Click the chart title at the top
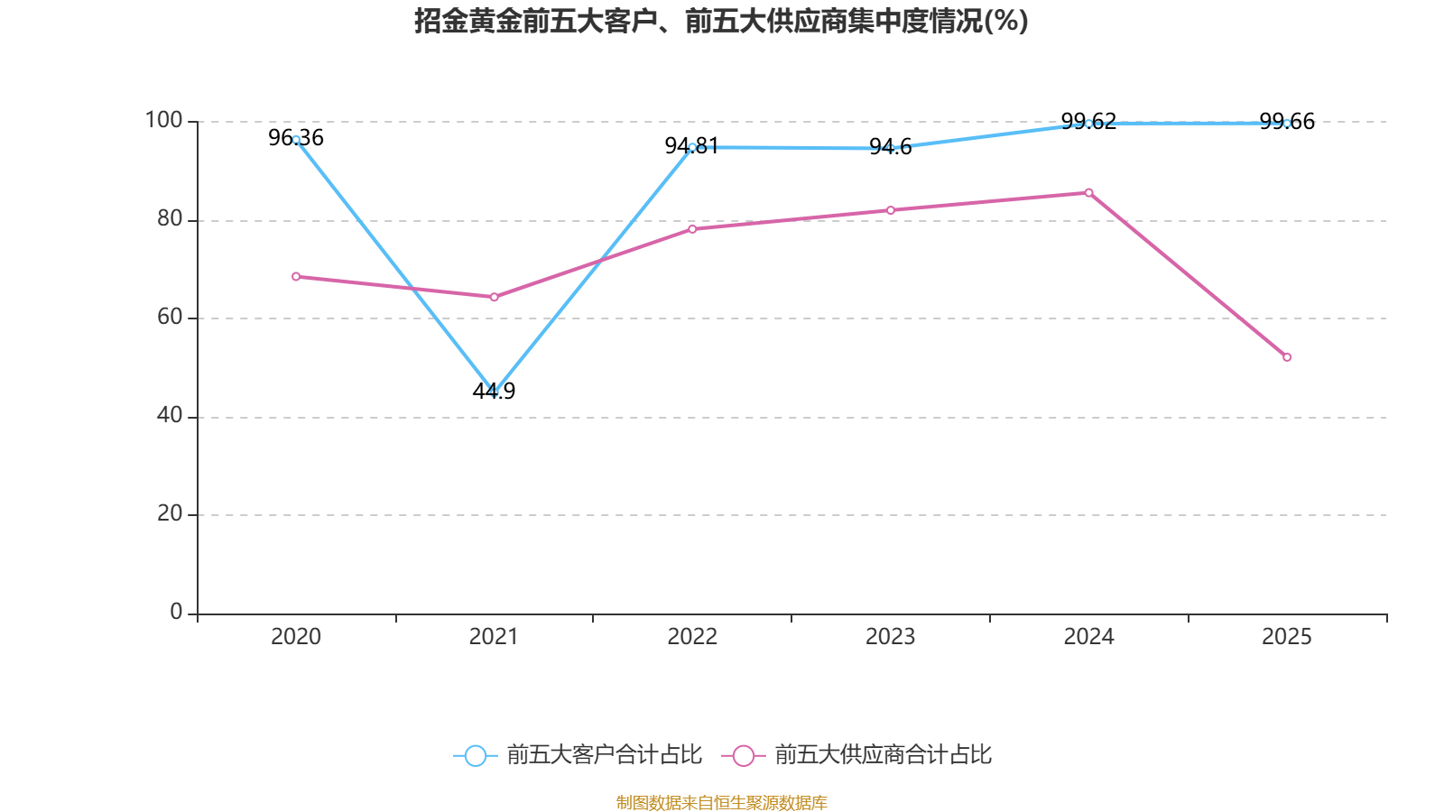coord(721,21)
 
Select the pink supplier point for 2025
coord(1287,357)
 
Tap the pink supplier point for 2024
coord(1088,192)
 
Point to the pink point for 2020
coord(296,276)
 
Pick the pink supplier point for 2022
coord(692,228)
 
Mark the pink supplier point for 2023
coord(891,210)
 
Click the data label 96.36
coord(296,138)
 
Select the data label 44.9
coord(494,391)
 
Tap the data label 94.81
coord(691,146)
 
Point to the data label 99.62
coord(1088,122)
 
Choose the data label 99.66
coord(1287,122)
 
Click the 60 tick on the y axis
coord(170,317)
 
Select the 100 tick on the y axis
coord(163,120)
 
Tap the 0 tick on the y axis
coord(176,612)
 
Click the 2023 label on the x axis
coord(890,637)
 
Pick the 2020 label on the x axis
coord(296,637)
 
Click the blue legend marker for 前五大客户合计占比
coord(475,755)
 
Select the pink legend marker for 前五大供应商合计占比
coord(743,755)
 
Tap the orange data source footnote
coord(721,802)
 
